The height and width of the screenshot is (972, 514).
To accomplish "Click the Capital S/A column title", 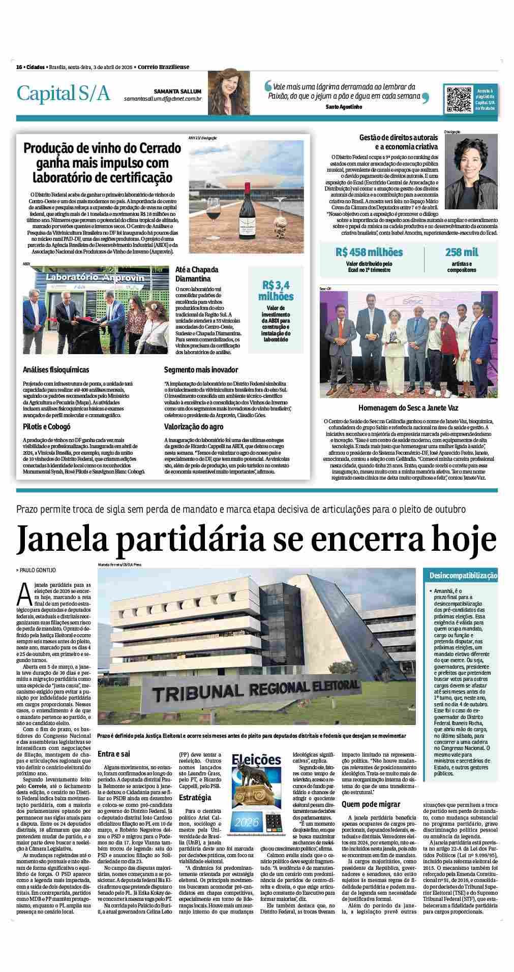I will (64, 93).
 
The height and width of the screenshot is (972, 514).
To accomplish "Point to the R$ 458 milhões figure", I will (369, 253).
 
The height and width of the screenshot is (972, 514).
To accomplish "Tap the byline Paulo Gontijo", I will (38, 571).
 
